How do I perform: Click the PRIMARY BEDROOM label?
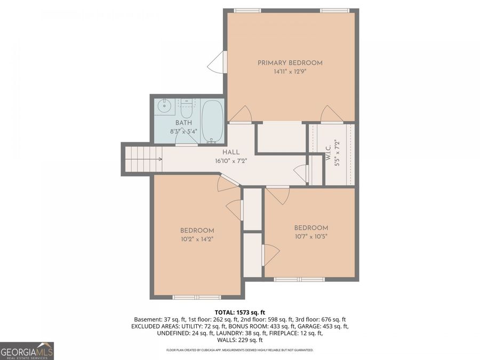tap(290, 63)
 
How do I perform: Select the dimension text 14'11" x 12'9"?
tap(290, 71)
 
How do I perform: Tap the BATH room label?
tap(184, 123)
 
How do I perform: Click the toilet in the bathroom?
tap(186, 109)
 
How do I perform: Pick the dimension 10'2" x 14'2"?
tap(197, 239)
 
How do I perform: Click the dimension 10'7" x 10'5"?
tap(311, 236)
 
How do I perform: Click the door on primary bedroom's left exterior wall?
tap(218, 62)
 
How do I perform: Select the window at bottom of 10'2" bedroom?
tap(196, 297)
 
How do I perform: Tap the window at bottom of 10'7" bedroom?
tap(299, 279)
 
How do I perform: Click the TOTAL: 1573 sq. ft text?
tap(239, 312)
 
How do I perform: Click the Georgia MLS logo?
tap(27, 351)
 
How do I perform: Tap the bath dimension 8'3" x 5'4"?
tap(184, 131)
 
